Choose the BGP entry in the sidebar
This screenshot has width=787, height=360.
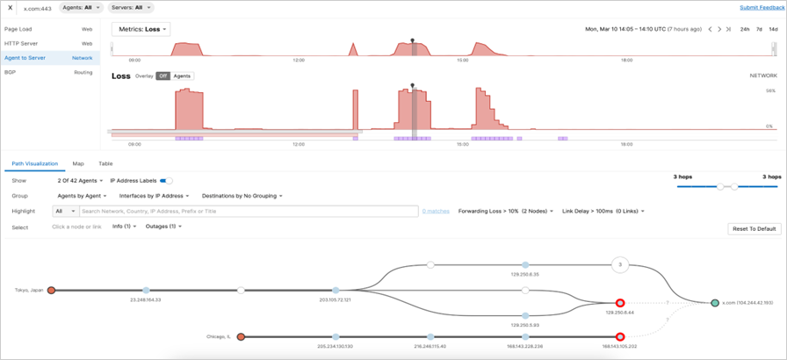[x=11, y=72]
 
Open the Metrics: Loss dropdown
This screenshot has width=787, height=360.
[x=141, y=29]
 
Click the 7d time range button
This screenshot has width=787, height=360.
[x=759, y=29]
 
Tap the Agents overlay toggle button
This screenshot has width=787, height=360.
[x=182, y=76]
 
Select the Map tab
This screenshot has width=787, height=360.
[x=78, y=163]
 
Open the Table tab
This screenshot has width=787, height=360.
[x=105, y=163]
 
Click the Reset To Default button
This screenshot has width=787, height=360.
[x=754, y=228]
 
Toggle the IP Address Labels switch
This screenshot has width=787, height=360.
[x=166, y=180]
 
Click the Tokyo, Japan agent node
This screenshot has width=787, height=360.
[x=52, y=290]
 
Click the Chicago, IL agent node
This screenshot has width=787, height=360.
[x=241, y=336]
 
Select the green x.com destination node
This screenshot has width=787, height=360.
[x=715, y=303]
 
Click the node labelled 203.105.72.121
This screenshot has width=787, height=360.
[x=336, y=290]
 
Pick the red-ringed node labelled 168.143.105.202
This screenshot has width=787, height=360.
[x=620, y=336]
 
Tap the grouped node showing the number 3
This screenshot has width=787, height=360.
[x=620, y=264]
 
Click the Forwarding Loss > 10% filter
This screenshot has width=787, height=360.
[x=505, y=211]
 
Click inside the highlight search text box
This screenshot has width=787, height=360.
[x=246, y=211]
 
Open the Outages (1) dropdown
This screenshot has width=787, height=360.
[x=163, y=227]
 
